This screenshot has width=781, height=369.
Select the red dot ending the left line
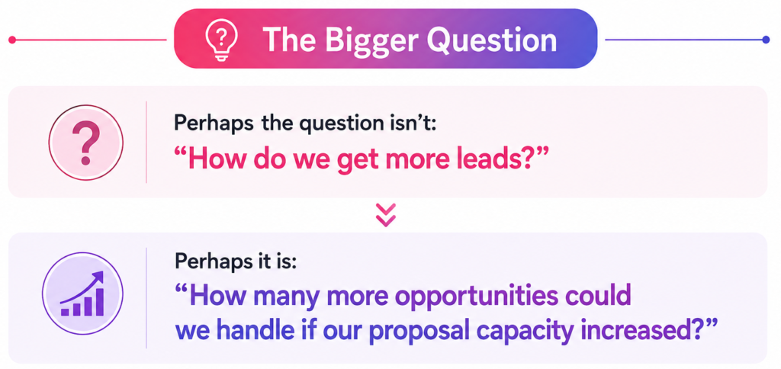tap(12, 40)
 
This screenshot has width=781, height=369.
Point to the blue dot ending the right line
tap(766, 40)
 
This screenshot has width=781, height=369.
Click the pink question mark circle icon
tap(85, 142)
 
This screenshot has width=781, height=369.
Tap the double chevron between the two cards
tap(386, 215)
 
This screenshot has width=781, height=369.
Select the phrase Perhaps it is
tap(235, 263)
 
